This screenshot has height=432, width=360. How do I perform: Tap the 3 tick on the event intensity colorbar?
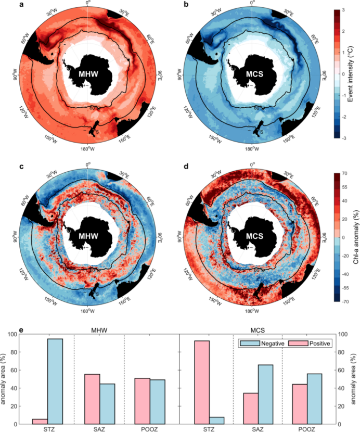344,10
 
